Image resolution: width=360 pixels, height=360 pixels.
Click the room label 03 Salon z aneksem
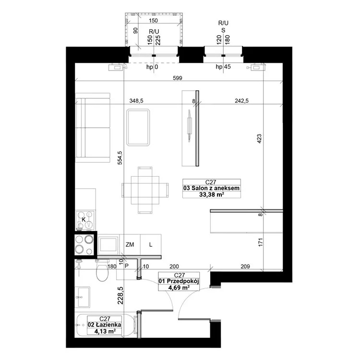tap(212, 188)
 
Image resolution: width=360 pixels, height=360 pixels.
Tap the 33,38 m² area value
tap(212, 195)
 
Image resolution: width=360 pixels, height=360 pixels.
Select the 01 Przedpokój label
tap(179, 281)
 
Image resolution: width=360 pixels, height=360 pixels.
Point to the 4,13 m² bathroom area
tap(105, 331)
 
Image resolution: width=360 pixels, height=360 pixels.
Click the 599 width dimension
tap(178, 78)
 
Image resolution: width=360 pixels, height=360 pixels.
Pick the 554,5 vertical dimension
tap(120, 158)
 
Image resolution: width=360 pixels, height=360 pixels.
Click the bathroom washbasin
tap(83, 297)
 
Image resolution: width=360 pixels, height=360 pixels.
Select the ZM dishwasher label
tap(130, 245)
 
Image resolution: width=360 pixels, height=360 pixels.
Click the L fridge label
tap(151, 245)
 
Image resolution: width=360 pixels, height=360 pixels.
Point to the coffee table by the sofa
tap(138, 127)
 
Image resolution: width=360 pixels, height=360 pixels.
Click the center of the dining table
tap(145, 190)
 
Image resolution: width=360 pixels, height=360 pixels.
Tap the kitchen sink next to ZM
tap(108, 245)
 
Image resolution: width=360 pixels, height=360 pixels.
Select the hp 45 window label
tap(223, 67)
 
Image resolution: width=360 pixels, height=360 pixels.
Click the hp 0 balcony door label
tap(152, 67)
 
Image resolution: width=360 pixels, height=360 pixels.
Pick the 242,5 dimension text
tap(241, 101)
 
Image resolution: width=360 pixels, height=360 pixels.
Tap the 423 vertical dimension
tap(259, 139)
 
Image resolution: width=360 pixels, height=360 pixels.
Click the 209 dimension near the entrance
tap(245, 266)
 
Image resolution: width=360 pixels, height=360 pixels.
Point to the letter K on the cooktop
tap(84, 219)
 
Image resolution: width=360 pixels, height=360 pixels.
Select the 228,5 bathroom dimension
tap(120, 296)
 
